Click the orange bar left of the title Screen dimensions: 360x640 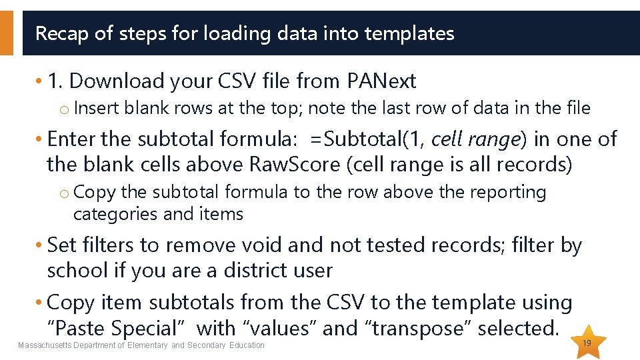[6, 33]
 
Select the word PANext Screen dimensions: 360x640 [381, 81]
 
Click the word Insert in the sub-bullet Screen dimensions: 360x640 [97, 108]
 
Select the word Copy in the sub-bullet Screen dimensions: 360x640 [95, 193]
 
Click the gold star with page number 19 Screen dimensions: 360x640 [587, 342]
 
